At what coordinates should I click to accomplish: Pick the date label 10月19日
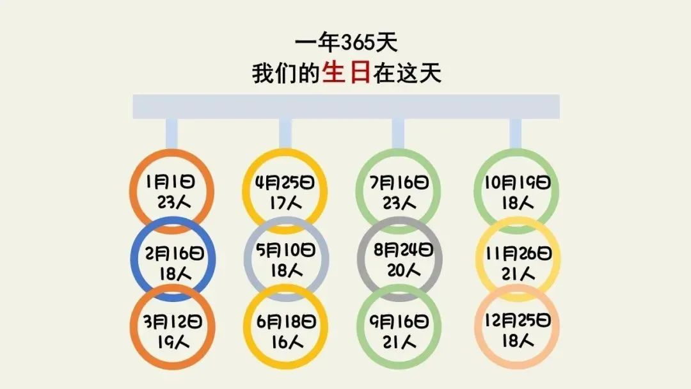click(x=516, y=182)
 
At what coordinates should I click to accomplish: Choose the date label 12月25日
click(x=518, y=320)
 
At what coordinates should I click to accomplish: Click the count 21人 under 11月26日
click(x=519, y=273)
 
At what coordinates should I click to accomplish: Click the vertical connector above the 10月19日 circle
click(x=516, y=133)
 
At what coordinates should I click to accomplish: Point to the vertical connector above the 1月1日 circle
click(x=171, y=133)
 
